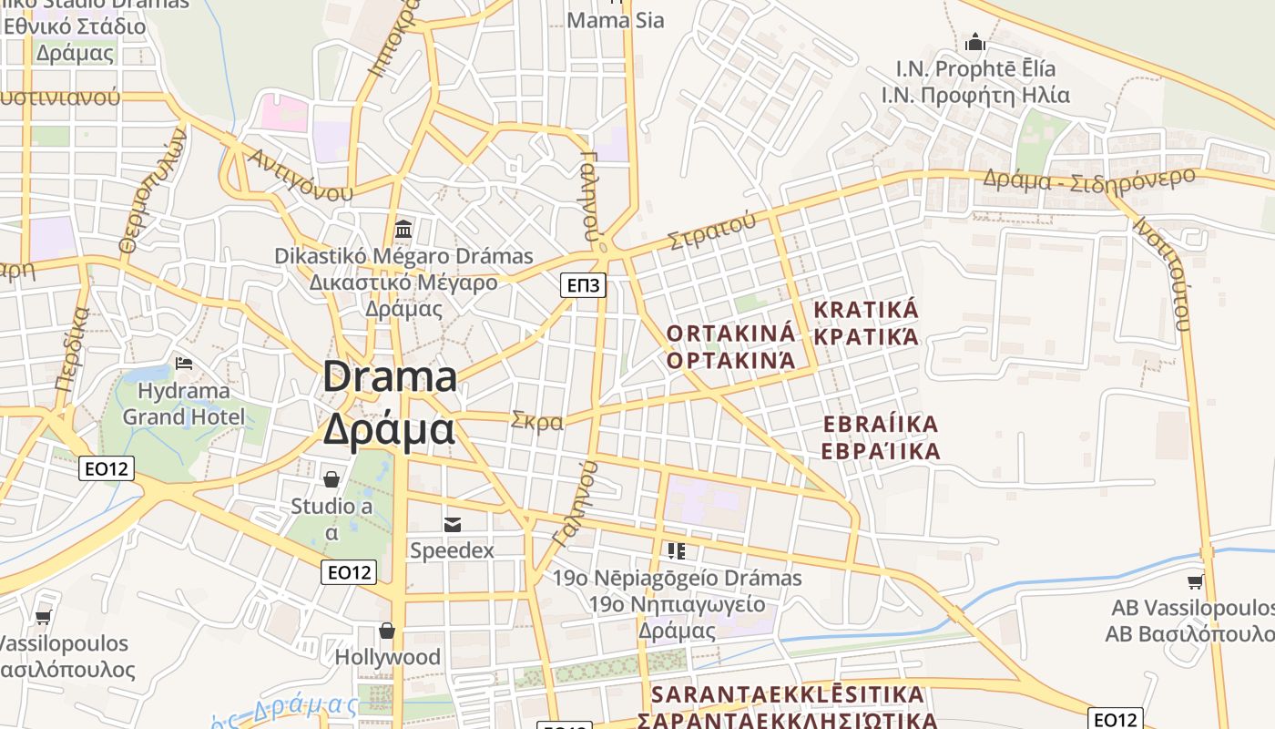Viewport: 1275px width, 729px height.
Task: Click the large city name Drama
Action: [390, 377]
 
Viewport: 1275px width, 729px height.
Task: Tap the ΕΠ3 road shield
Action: [583, 286]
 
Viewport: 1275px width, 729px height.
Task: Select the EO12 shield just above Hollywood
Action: [349, 572]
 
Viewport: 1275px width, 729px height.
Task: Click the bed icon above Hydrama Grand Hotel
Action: [184, 363]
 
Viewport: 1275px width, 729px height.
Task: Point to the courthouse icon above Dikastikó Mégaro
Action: [403, 228]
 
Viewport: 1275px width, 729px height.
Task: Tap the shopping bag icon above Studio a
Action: [331, 478]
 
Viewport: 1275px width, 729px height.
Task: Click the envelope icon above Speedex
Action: [452, 524]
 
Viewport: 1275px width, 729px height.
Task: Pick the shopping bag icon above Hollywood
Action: [387, 631]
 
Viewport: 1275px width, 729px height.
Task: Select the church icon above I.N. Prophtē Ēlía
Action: [975, 42]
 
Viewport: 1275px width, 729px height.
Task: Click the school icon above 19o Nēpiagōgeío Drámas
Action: [676, 550]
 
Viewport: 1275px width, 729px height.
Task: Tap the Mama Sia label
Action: [616, 20]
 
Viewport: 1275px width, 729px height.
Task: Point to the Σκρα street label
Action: [537, 421]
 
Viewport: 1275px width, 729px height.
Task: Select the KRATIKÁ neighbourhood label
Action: [866, 310]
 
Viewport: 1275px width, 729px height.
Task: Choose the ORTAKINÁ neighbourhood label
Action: [730, 334]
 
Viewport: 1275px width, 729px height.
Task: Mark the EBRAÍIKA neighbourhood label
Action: [880, 425]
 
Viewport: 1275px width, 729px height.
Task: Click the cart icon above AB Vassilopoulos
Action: [1195, 581]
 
